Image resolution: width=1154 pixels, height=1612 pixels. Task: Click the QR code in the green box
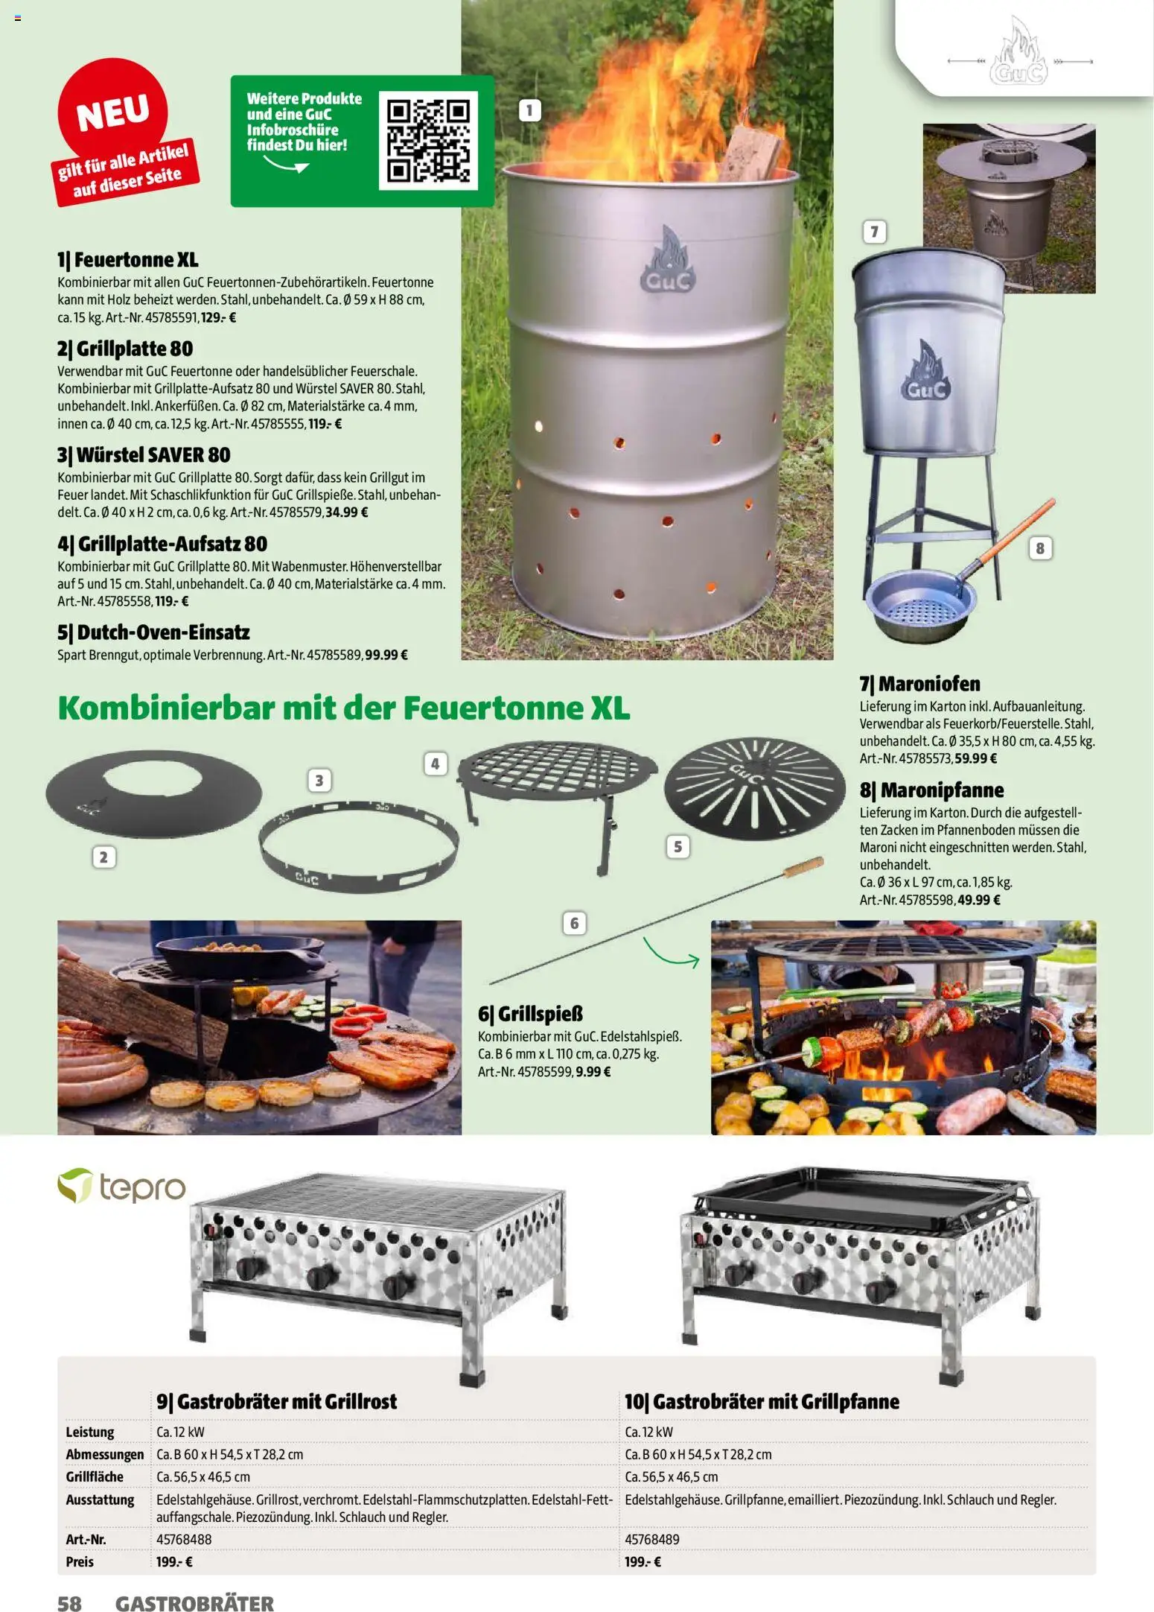427,140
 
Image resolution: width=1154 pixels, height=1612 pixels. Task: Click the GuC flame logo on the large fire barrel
667,261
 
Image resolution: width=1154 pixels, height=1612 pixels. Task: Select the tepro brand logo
121,1187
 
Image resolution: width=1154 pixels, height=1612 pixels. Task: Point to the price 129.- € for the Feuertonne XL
218,317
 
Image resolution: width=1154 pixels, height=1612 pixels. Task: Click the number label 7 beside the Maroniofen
874,232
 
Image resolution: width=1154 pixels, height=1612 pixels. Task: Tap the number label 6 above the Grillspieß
574,924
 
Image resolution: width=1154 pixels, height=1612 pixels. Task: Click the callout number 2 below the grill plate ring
103,857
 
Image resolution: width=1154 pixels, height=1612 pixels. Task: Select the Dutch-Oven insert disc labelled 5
754,788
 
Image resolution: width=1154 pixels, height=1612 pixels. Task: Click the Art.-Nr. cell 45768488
184,1539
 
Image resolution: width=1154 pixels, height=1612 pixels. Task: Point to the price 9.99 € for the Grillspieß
593,1072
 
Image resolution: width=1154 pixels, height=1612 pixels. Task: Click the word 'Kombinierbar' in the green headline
166,708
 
